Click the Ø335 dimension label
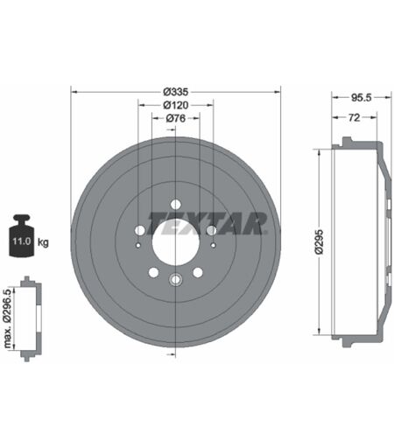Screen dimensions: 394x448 (176, 92)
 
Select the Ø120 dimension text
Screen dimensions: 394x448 (176, 105)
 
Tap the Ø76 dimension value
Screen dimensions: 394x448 (176, 118)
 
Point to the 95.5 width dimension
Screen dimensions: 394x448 (362, 98)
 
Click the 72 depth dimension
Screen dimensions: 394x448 (354, 117)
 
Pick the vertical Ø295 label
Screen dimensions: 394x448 (320, 241)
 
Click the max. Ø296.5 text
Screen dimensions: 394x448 (8, 318)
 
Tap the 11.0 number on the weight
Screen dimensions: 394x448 (21, 241)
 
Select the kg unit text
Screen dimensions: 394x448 (43, 242)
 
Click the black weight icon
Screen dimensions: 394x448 (22, 235)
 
